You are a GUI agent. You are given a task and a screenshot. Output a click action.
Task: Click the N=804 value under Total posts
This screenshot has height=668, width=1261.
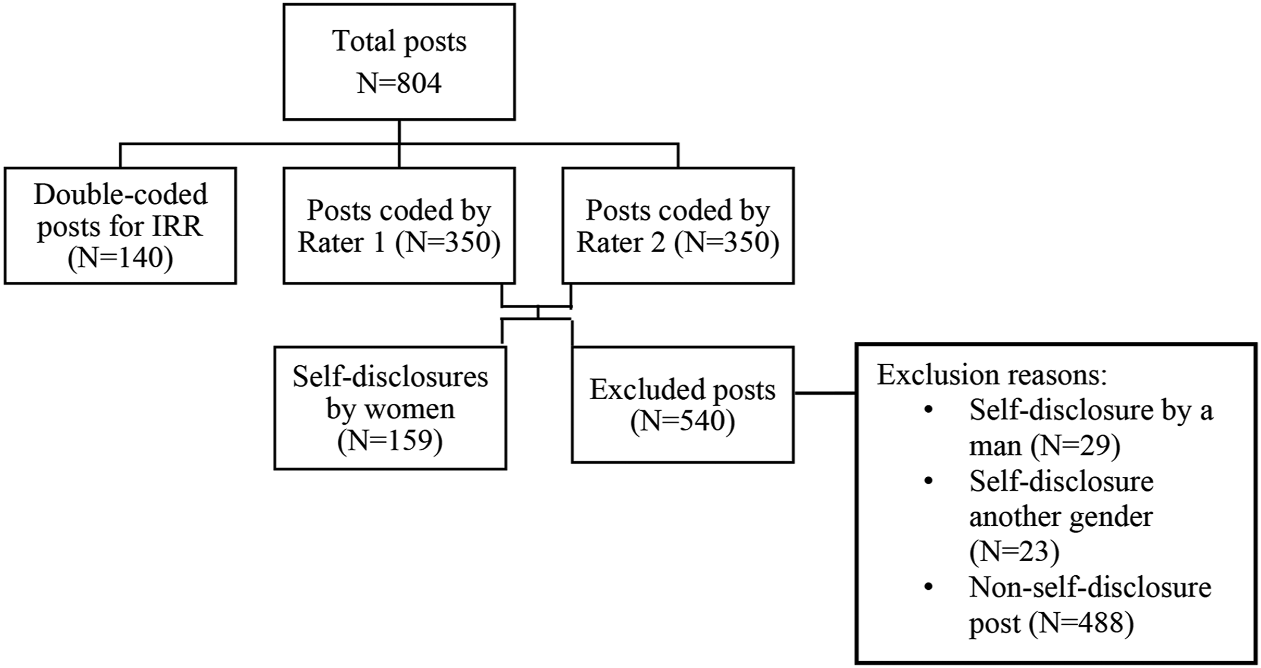(399, 83)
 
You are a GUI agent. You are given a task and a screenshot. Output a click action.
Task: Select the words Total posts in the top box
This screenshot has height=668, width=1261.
(399, 42)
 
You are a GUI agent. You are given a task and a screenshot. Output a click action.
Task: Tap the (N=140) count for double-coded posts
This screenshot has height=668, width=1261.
(120, 259)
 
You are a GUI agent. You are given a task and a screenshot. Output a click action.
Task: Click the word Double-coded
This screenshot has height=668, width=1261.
(121, 194)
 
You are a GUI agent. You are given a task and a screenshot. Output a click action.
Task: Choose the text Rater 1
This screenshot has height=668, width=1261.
(342, 243)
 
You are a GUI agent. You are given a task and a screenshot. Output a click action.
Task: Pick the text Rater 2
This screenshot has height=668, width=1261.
(621, 243)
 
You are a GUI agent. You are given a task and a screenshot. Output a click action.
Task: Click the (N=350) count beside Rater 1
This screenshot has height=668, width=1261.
(448, 243)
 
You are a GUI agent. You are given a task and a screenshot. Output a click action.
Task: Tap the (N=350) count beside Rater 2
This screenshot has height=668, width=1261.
(727, 243)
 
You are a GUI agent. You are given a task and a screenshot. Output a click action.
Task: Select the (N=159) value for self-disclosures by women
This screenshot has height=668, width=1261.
(390, 441)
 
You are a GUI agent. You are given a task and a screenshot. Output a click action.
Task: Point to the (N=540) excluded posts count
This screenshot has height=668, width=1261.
(683, 422)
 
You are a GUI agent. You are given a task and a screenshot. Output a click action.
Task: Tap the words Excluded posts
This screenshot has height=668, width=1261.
(683, 390)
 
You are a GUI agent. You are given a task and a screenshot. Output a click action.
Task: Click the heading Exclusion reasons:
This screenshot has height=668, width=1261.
(992, 375)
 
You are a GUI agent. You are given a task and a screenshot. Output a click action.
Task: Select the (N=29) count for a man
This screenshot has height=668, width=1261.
(1075, 446)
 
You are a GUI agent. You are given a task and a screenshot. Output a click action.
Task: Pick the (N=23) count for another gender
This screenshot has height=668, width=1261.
(1014, 552)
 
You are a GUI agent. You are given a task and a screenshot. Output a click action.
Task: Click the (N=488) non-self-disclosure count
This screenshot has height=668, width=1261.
(1082, 623)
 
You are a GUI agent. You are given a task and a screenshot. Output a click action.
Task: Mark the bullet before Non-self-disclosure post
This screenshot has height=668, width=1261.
(928, 587)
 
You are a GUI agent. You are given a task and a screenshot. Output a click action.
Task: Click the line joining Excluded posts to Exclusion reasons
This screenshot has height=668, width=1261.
(825, 393)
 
